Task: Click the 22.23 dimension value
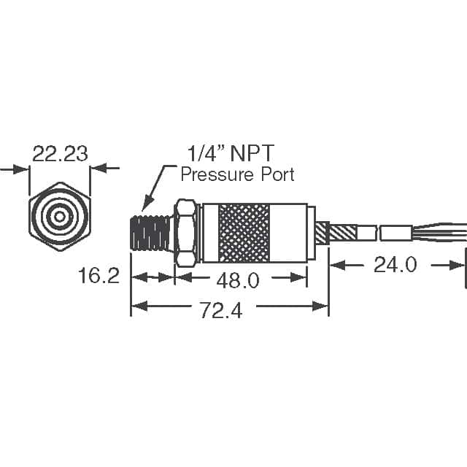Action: coord(60,153)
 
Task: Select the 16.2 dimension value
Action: coord(99,277)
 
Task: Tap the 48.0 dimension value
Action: coord(239,279)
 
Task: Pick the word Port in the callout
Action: coord(278,174)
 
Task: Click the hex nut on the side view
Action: coord(185,231)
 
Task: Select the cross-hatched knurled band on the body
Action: coord(244,232)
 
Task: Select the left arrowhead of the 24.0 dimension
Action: coord(337,265)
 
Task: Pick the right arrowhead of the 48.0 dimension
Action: coord(298,277)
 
